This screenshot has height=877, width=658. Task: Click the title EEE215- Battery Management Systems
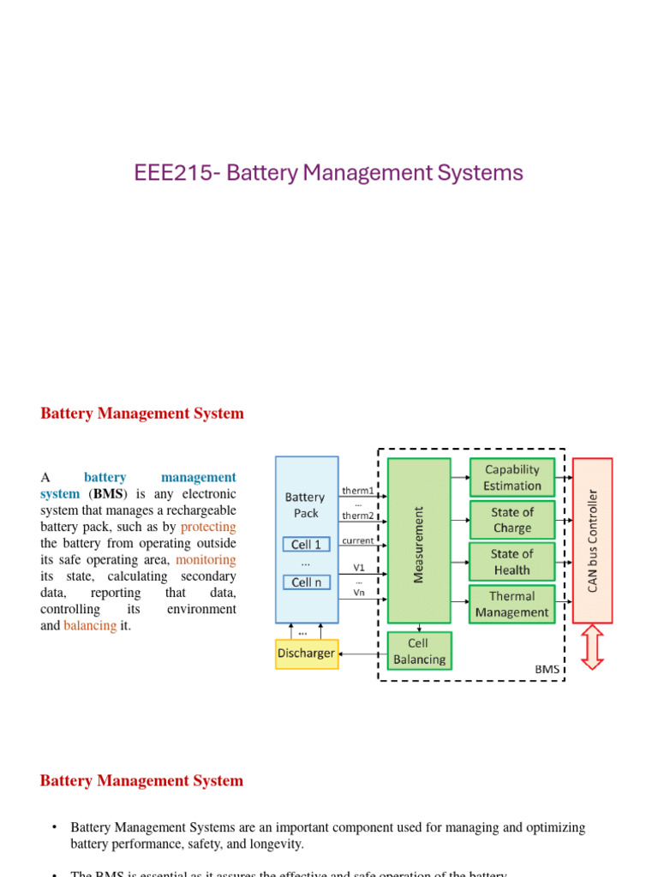(328, 173)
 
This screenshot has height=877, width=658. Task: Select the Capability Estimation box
(512, 478)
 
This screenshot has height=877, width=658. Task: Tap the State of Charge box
(512, 520)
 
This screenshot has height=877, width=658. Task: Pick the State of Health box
(512, 562)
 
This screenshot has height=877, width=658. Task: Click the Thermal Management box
(512, 605)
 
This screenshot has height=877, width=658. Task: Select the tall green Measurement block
(419, 540)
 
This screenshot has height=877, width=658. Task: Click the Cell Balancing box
(419, 651)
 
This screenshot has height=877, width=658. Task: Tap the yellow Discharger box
(306, 653)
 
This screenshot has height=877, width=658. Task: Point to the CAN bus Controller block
(592, 540)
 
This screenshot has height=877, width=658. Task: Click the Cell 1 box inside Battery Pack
(307, 545)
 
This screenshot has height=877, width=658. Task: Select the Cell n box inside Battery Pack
(307, 582)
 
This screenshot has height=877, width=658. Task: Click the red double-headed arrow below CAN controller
(592, 647)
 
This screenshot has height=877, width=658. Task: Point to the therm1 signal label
(358, 491)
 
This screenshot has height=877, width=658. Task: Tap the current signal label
(358, 540)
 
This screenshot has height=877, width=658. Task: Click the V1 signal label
(358, 567)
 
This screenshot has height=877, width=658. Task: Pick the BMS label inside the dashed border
(545, 669)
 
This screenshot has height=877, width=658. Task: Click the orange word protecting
(208, 527)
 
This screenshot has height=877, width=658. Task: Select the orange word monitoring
(206, 559)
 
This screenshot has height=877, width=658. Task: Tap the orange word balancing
(90, 625)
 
